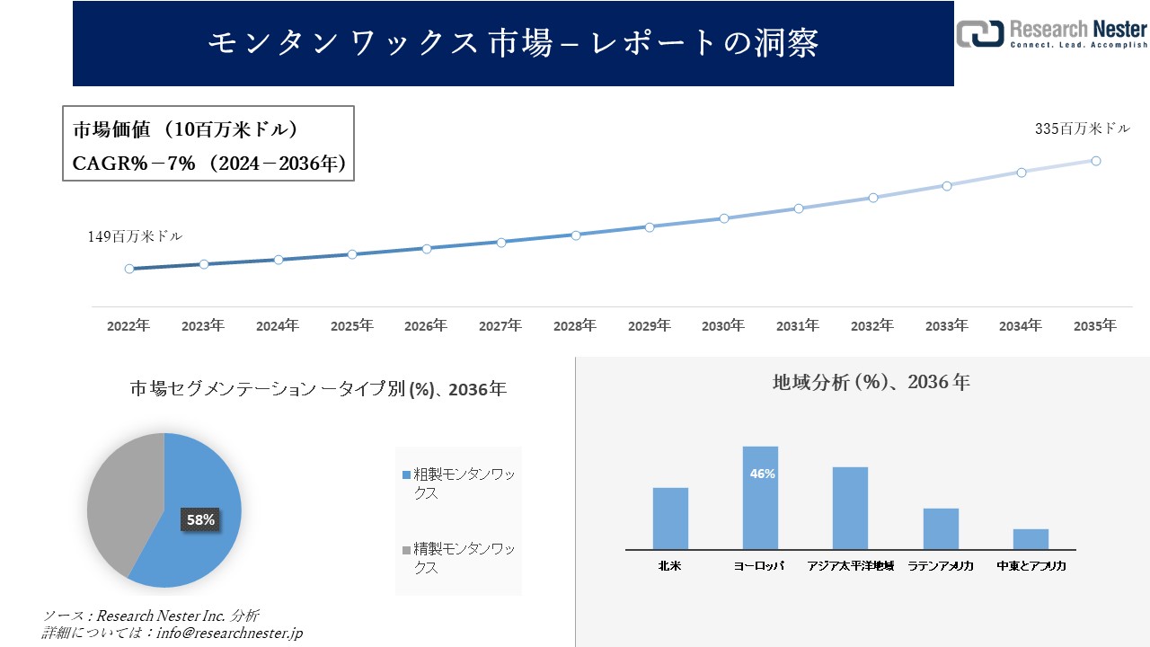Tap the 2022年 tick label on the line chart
point(128,326)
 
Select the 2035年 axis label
point(1095,326)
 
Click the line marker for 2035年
point(1096,161)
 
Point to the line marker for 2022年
point(129,269)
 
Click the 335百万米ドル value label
point(1083,129)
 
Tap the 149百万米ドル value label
point(135,237)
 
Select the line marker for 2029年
point(650,226)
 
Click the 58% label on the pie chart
point(200,519)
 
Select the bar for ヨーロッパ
point(760,499)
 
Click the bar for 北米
point(670,518)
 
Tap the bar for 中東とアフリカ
point(1031,539)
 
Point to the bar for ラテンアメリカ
point(941,528)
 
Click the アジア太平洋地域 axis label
point(850,566)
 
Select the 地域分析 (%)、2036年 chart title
point(871,382)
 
